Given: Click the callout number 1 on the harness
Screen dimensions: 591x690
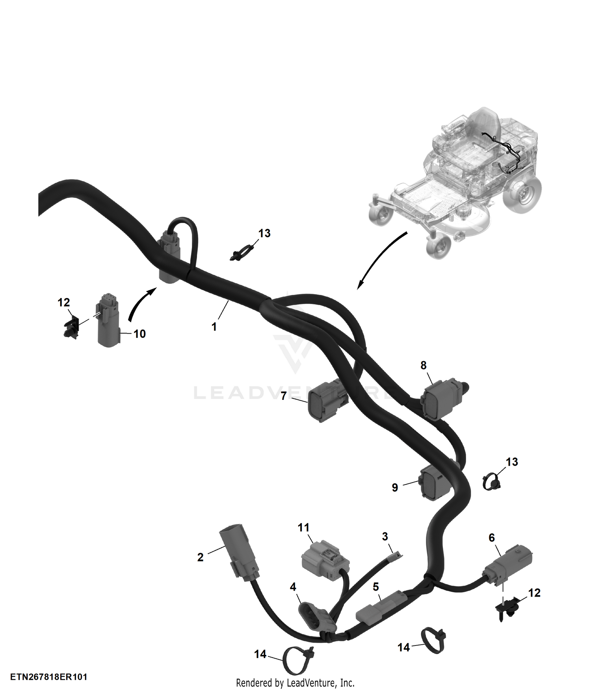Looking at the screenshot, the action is [x=214, y=327].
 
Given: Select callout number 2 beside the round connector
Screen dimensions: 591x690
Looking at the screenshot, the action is [x=201, y=557].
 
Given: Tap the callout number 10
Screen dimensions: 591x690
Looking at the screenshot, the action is [x=139, y=334].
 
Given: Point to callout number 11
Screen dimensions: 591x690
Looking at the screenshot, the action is [x=303, y=528].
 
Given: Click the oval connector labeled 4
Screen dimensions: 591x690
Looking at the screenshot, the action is [x=317, y=615].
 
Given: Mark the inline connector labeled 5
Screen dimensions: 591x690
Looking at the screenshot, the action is [x=381, y=608].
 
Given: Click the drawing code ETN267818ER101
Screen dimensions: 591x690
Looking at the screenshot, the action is [x=49, y=677].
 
